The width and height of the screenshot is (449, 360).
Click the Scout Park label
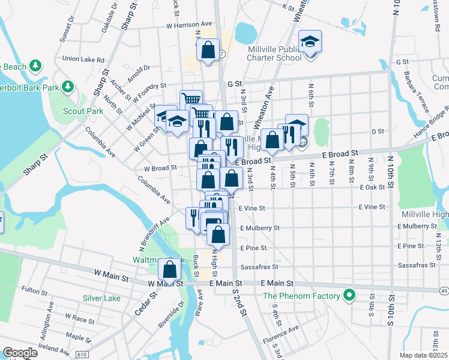tap(85, 111)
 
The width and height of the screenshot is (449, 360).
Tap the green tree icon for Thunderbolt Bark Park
tap(68, 87)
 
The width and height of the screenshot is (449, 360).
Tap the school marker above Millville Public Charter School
tap(310, 42)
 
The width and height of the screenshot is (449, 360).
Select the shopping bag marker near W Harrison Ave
tap(208, 50)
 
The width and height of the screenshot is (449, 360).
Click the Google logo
tap(19, 353)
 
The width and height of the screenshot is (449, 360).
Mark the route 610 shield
tap(80, 355)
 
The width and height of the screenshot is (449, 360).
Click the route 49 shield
tap(443, 290)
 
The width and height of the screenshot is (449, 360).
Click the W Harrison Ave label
tap(190, 25)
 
